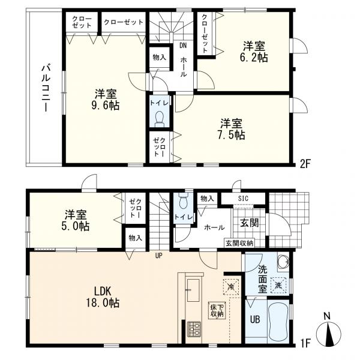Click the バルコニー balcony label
point(46,88)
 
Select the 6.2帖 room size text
point(254,58)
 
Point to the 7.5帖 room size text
point(231,135)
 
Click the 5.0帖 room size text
point(75,226)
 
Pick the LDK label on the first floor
point(103,292)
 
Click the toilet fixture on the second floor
point(160,119)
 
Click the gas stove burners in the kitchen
point(194,329)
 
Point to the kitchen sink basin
point(193,290)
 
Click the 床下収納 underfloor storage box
point(217,310)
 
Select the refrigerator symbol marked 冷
point(231,287)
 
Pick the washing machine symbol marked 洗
point(278,286)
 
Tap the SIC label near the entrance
point(243,199)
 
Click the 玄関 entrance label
point(250,223)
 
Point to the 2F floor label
point(305,164)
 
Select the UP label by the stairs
point(158,256)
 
